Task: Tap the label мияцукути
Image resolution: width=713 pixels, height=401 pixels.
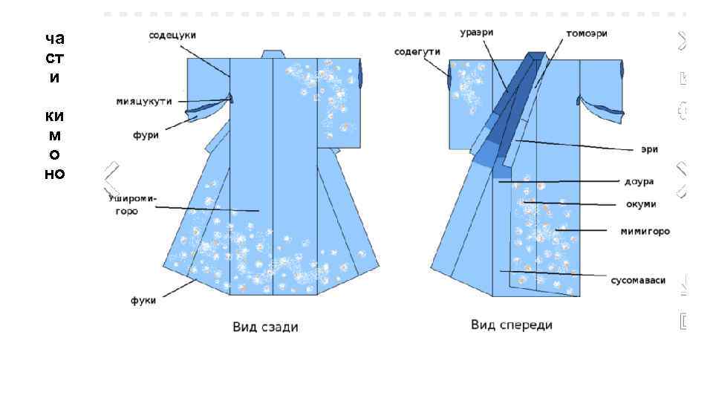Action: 144,101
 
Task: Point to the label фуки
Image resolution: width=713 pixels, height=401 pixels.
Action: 143,301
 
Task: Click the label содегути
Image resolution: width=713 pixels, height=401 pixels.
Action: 417,51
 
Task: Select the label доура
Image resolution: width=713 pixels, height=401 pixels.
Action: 639,181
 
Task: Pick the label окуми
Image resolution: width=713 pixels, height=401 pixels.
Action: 640,204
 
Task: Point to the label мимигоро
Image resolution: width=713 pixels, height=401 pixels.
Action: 645,232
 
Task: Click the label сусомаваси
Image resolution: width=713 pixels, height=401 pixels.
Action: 638,280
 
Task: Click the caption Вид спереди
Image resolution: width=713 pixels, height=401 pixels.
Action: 512,325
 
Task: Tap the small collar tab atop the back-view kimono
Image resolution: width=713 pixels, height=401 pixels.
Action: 273,53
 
